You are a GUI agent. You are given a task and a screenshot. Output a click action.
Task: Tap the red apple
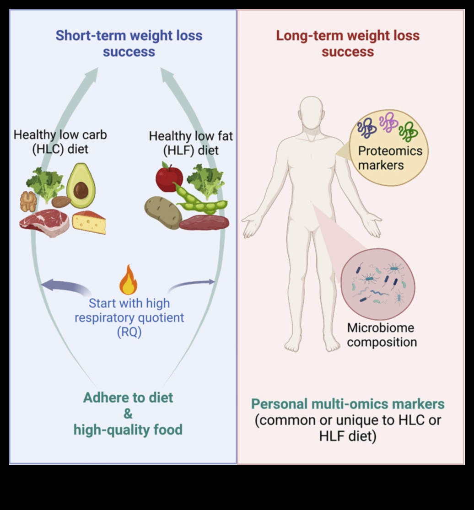(169, 178)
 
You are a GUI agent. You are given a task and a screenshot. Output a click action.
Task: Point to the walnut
(28, 201)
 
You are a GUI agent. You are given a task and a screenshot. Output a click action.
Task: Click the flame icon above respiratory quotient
(129, 280)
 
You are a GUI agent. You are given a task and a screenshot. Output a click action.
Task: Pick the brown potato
(163, 212)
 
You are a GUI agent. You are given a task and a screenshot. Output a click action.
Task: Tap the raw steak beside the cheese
(44, 222)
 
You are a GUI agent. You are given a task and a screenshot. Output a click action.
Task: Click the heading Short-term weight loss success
(129, 43)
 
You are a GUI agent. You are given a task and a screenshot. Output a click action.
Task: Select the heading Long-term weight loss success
(348, 43)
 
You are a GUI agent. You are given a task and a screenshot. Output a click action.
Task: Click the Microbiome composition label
(382, 335)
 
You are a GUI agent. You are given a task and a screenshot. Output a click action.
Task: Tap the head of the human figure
(312, 113)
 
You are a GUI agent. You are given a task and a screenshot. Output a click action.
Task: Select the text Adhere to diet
(128, 397)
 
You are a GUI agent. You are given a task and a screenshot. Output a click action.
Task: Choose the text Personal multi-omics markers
(348, 404)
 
